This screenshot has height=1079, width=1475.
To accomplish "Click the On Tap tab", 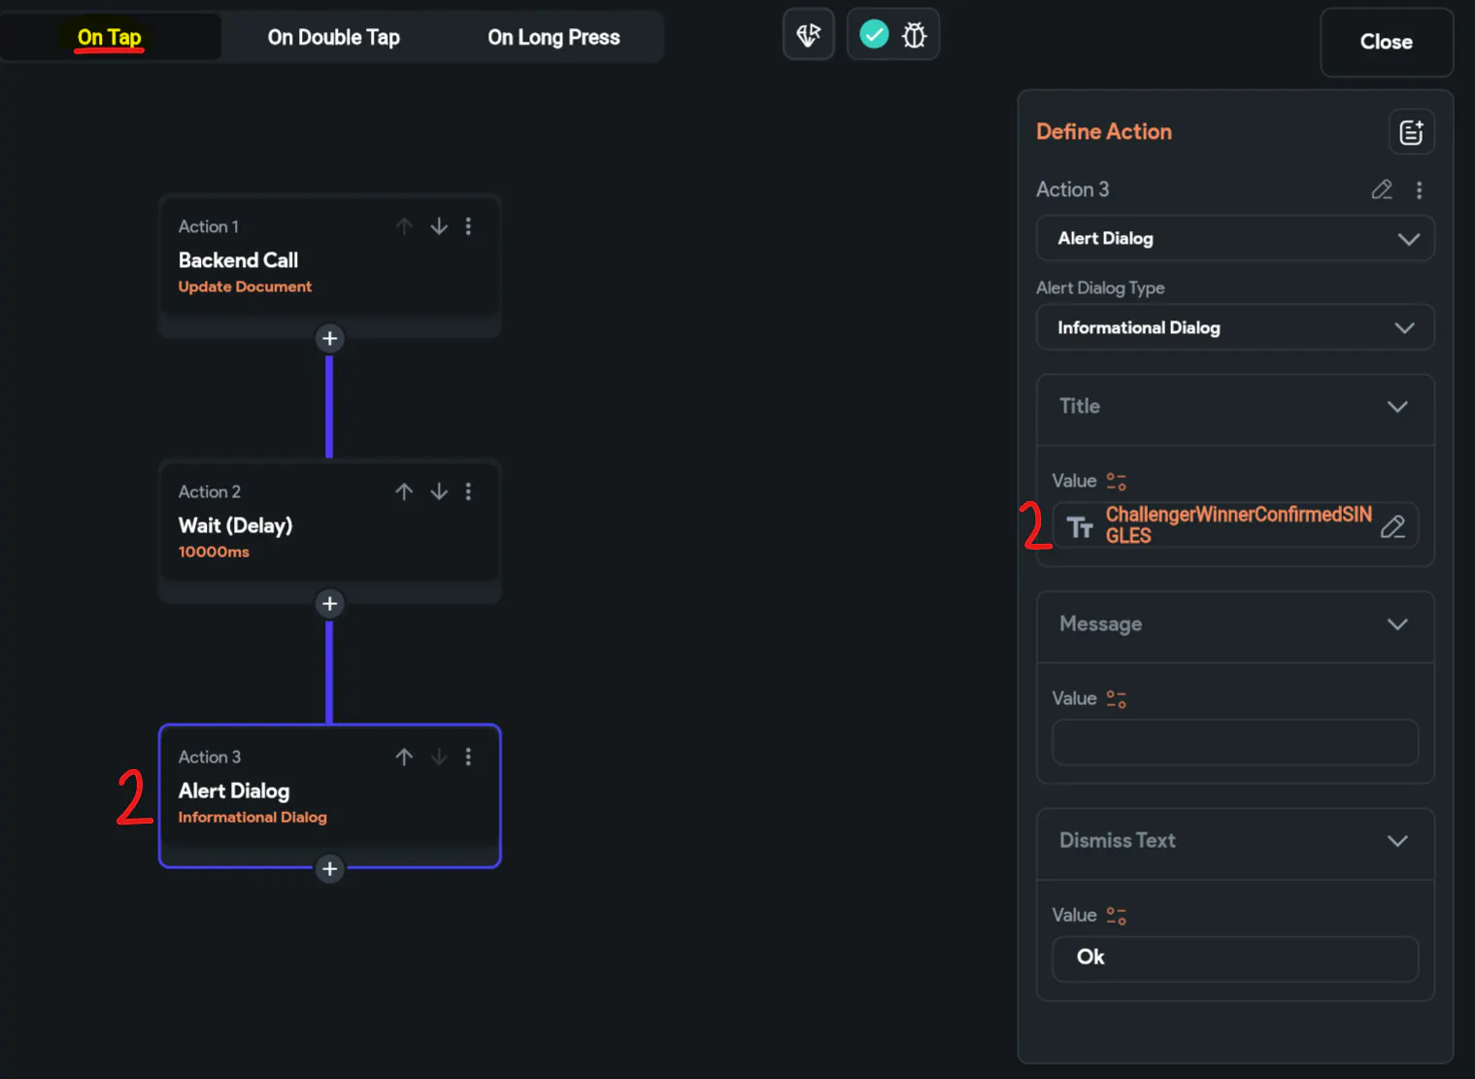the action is (x=110, y=38).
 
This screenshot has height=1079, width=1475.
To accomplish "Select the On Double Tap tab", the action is (x=333, y=38).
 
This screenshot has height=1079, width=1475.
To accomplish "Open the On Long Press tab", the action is (x=553, y=38).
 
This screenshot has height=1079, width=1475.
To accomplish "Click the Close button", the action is (x=1386, y=42).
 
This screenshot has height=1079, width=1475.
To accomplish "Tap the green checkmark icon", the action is (x=874, y=34).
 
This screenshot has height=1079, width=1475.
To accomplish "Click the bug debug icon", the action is (x=914, y=35).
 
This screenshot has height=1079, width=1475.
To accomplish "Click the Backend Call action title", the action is (x=238, y=260).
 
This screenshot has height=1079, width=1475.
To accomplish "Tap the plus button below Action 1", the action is (x=330, y=339).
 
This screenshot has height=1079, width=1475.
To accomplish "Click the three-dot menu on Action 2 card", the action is (x=468, y=491).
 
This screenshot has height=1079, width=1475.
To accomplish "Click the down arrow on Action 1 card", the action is (x=439, y=226).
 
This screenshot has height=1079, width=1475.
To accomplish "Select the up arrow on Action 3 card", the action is (x=404, y=757).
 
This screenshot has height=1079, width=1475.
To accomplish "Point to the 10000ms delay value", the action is (x=214, y=552).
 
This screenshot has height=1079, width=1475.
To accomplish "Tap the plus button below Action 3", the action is (x=330, y=869).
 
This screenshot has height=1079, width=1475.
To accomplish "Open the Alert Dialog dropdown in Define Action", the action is (x=1235, y=239).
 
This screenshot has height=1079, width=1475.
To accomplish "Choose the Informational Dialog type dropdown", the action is (x=1235, y=327).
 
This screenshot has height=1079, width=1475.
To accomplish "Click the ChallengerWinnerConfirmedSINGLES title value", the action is (x=1238, y=525).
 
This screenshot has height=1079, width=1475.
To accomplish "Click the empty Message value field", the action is (x=1234, y=742).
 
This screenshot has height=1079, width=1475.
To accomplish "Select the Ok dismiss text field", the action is (x=1234, y=959).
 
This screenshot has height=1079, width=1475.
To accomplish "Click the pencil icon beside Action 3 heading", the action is (x=1382, y=189).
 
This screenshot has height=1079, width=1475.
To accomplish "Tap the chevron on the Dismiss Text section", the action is (x=1397, y=841).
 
